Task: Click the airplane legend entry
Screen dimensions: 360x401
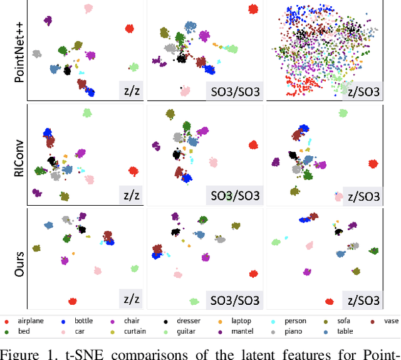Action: [28, 320]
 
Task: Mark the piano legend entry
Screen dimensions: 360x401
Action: [311, 331]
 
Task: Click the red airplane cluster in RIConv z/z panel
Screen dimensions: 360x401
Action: [133, 171]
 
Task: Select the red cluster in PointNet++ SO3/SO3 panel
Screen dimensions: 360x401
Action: [253, 9]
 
